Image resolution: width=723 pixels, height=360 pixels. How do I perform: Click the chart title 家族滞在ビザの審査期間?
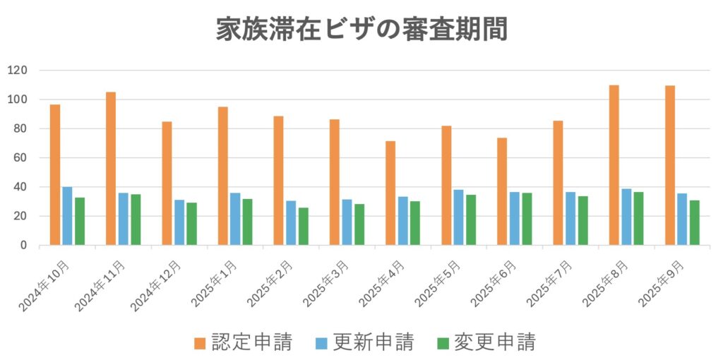point(361,30)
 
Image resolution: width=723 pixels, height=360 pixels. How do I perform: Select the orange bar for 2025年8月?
point(614,165)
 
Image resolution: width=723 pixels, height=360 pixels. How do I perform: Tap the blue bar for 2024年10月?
point(67,216)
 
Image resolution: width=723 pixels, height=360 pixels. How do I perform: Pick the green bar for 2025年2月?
point(303,227)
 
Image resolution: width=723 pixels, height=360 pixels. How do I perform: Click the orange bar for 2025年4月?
point(390,193)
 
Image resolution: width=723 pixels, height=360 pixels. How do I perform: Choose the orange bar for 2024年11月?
point(111,169)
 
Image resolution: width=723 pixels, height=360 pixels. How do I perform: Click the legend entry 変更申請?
point(485,343)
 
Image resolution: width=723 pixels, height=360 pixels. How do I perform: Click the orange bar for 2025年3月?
point(334,182)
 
